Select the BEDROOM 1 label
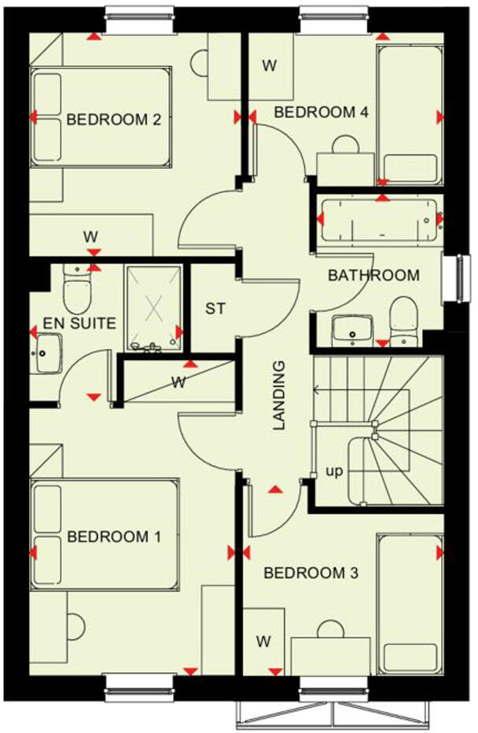pos(114,537)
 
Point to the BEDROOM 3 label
pos(311,573)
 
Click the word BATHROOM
pos(373,276)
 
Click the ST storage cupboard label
pos(215,309)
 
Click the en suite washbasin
pos(49,350)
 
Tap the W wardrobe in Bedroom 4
pos(269,65)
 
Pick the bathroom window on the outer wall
pos(454,278)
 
